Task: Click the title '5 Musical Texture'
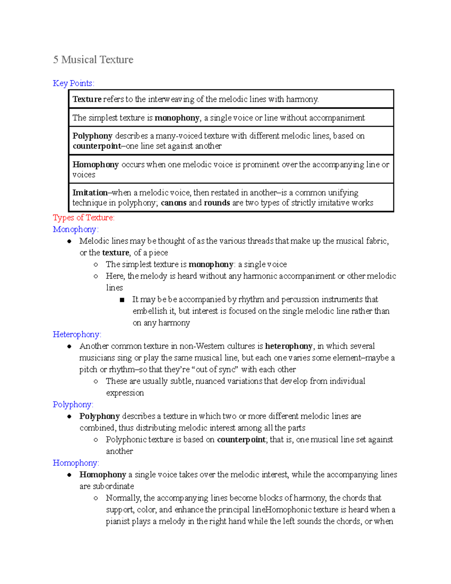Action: [x=93, y=60]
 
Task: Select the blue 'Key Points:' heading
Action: [x=74, y=83]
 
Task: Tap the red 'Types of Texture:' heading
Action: [x=83, y=218]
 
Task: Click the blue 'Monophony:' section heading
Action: [x=76, y=229]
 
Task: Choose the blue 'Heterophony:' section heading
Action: [x=77, y=334]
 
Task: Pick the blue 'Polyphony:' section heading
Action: [x=73, y=405]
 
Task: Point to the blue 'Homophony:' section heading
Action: [x=76, y=463]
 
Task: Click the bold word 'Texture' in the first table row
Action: [x=87, y=99]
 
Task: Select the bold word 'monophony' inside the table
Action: [x=177, y=118]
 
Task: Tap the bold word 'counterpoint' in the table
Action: [x=97, y=146]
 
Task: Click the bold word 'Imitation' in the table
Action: [x=90, y=193]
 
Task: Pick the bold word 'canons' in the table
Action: [x=173, y=203]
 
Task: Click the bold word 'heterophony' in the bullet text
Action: [x=289, y=346]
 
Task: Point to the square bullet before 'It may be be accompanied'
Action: [x=122, y=300]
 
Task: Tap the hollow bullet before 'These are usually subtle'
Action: [x=96, y=381]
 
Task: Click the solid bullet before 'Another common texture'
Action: [x=70, y=346]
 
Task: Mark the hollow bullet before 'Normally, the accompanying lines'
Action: [x=96, y=498]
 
